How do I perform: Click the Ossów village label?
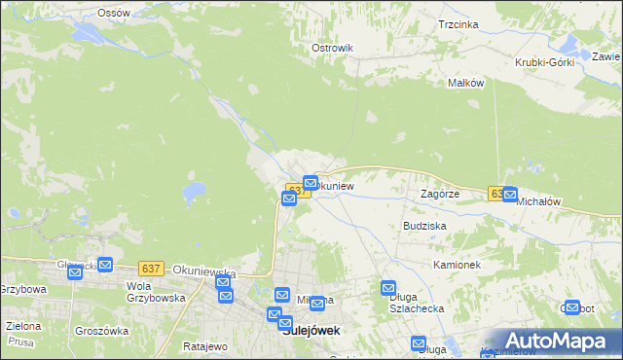pos(115,13)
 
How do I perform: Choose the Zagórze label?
pos(439,194)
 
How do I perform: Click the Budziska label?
pos(424,225)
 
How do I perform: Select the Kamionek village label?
pos(457,264)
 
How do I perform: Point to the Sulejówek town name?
pos(311,330)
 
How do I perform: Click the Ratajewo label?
pos(204,346)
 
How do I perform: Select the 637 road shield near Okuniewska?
pos(150,268)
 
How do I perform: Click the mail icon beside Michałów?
pos(509,195)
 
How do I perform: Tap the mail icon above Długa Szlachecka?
pos(388,288)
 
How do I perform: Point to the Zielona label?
pos(22,326)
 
